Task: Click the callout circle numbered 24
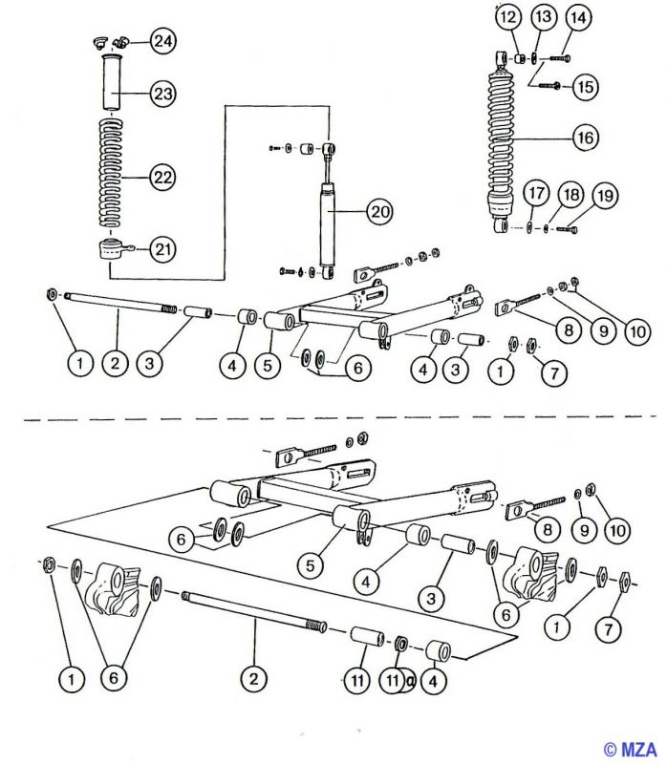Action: pyautogui.click(x=163, y=41)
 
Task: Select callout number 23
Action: pyautogui.click(x=163, y=95)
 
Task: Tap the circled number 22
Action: pyautogui.click(x=163, y=178)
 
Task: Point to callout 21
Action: pyautogui.click(x=163, y=250)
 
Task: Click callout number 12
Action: pyautogui.click(x=508, y=17)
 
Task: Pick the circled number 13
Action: pyautogui.click(x=542, y=17)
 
